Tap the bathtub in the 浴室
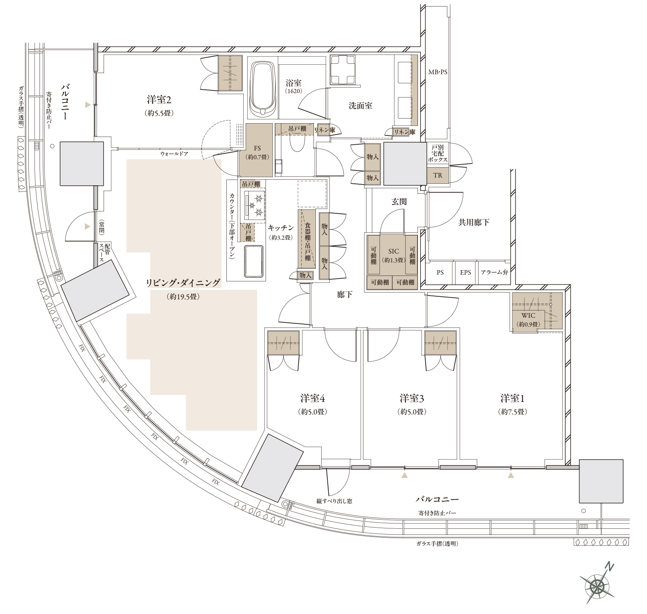(x=263, y=89)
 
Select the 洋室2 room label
(x=159, y=100)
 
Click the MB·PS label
(x=438, y=72)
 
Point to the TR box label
(x=438, y=175)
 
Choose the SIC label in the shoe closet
(x=394, y=251)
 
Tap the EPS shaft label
(x=465, y=272)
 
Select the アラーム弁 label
(x=494, y=272)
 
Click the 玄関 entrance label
(x=399, y=201)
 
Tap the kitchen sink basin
(x=254, y=261)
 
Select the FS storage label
(x=257, y=149)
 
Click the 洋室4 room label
(x=313, y=398)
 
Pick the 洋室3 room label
(x=412, y=398)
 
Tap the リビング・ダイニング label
(x=183, y=283)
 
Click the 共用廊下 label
(x=474, y=222)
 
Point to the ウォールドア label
(x=174, y=154)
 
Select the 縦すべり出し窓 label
(x=334, y=501)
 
